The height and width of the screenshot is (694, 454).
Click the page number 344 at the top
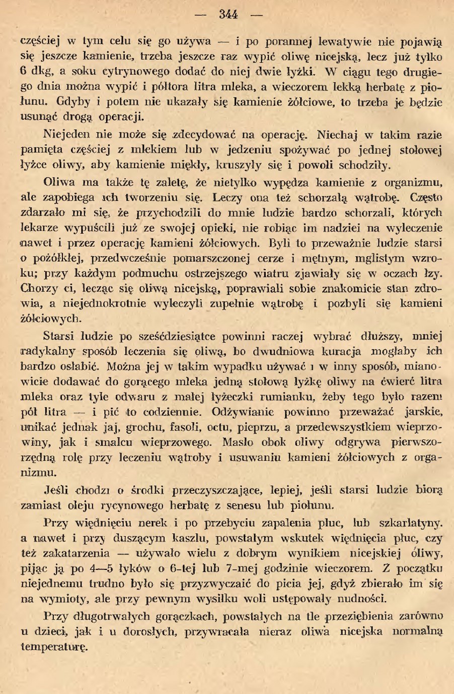coord(229,15)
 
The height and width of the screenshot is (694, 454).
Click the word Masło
coord(238,442)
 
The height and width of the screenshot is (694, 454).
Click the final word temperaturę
coord(54,646)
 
